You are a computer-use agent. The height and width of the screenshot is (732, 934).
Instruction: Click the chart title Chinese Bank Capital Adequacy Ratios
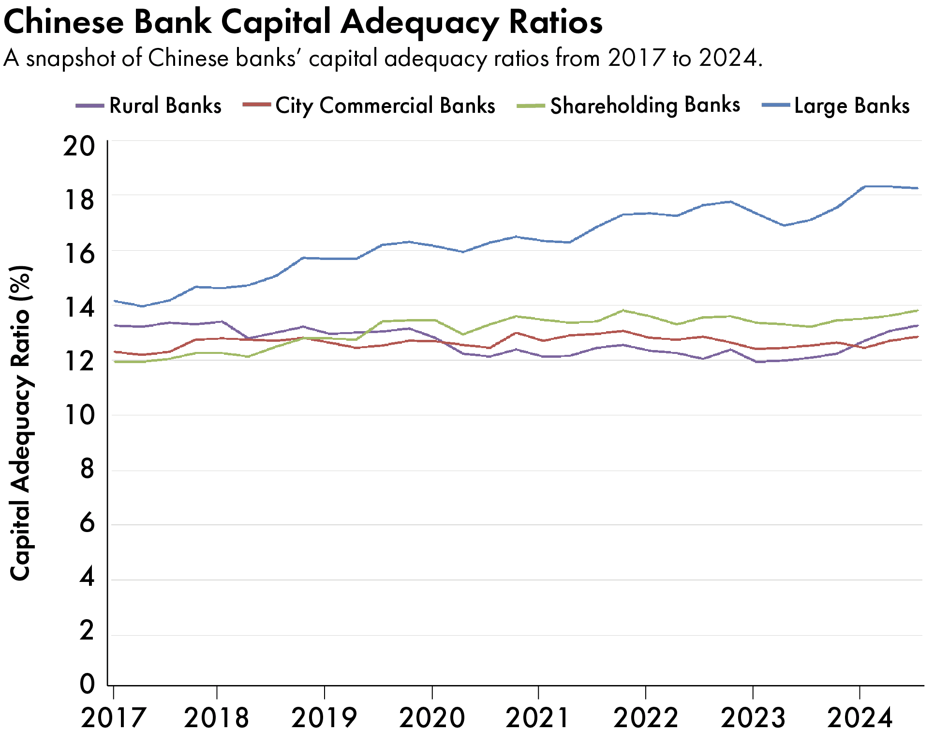click(303, 22)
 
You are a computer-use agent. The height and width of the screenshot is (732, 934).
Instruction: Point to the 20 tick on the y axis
click(79, 146)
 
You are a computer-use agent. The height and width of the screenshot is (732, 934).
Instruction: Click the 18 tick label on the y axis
click(79, 200)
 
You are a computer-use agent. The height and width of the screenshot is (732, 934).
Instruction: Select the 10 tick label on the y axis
click(79, 415)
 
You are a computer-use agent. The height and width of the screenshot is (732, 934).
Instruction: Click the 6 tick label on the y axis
click(87, 523)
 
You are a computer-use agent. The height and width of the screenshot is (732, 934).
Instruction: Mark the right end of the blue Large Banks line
click(918, 188)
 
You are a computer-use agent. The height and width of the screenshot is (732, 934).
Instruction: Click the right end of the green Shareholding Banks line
click(918, 310)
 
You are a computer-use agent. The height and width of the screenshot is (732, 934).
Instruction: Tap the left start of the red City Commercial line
click(115, 352)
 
